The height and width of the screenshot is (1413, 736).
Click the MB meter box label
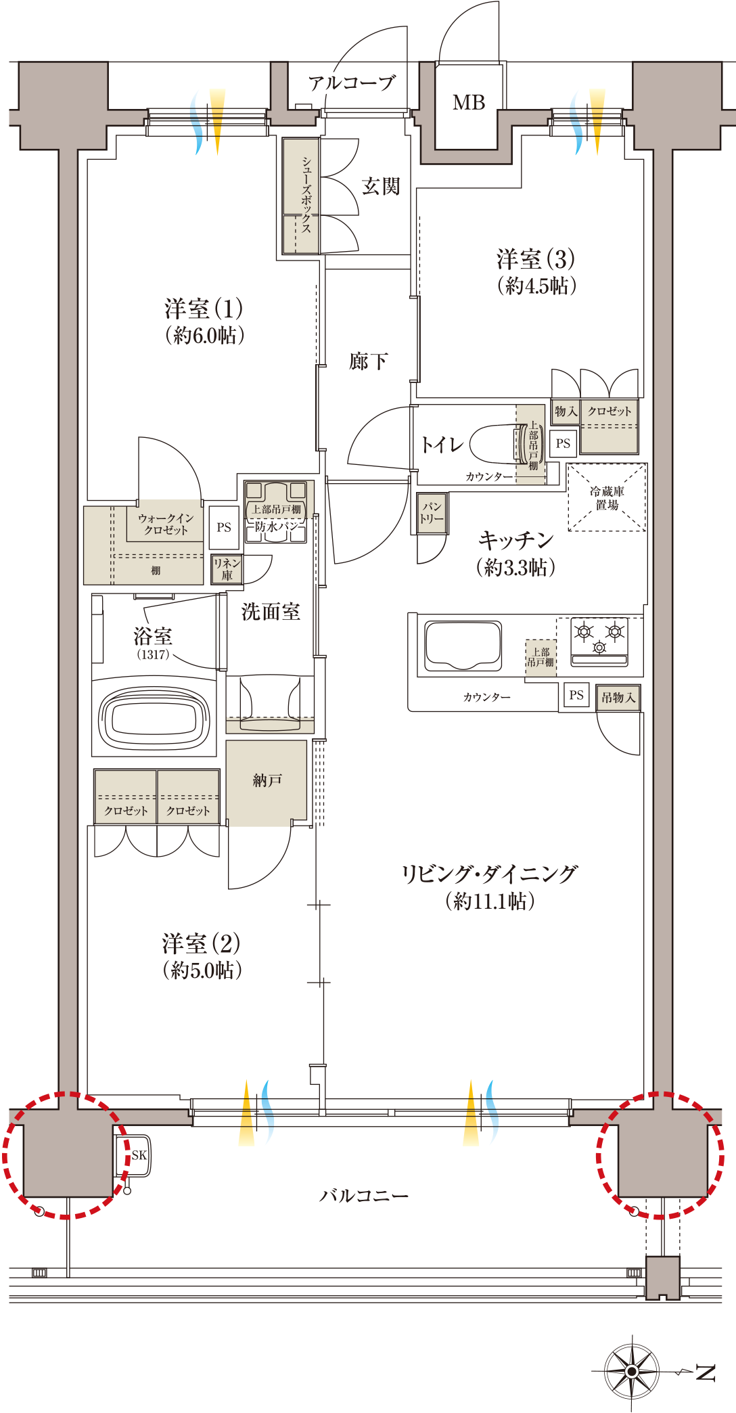469,103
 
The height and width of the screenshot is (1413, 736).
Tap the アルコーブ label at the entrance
351,83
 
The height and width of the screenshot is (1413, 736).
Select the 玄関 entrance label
381,186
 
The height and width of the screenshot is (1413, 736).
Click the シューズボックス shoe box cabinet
301,196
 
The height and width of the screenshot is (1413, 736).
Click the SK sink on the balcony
137,1155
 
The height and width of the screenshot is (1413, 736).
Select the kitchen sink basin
463,645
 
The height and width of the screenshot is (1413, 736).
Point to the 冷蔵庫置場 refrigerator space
607,497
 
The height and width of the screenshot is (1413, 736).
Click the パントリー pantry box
432,513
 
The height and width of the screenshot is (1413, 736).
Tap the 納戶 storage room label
267,780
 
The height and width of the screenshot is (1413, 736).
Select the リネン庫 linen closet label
227,569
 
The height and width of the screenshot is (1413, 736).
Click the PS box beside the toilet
563,444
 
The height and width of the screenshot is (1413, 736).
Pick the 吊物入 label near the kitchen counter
618,697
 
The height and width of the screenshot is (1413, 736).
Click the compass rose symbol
631,1370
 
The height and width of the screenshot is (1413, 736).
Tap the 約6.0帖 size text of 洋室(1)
204,335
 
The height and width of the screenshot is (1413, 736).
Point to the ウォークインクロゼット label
166,524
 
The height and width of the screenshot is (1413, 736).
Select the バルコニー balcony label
364,1196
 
